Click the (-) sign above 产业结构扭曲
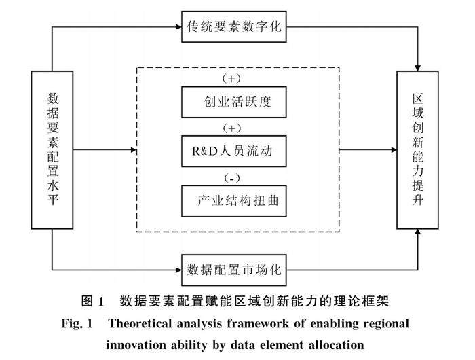pos(232,178)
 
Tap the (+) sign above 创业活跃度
pos(232,79)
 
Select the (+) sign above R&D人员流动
pos(232,128)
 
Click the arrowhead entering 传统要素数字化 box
pos(178,26)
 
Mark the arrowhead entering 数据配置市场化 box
pos(178,270)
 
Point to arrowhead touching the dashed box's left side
pos(134,150)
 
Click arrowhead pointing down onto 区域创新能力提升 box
pos(417,68)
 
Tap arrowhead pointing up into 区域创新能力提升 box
pos(417,232)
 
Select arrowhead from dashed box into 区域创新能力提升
pos(394,150)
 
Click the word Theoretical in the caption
pos(140,323)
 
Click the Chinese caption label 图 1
pos(93,301)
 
